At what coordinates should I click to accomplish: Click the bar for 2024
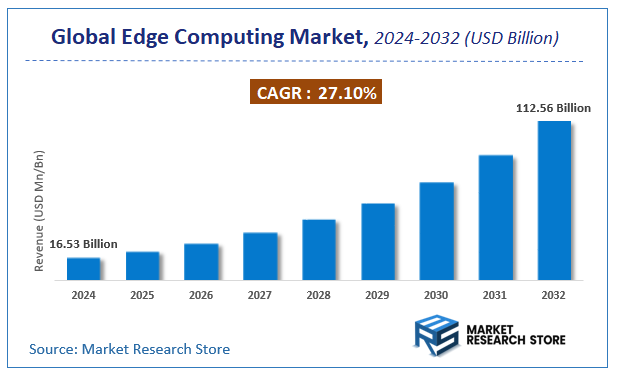pos(83,268)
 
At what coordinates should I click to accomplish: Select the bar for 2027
pos(260,256)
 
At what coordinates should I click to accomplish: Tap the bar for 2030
pos(436,231)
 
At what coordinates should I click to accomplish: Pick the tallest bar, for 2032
pos(554,200)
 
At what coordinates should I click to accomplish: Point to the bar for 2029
pos(377,241)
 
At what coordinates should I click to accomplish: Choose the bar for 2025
pos(142,265)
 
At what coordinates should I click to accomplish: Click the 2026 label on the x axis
pos(201,296)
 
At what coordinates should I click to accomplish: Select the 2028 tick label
pos(319,296)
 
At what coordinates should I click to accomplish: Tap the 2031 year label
pos(495,296)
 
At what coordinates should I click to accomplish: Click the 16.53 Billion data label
pos(83,244)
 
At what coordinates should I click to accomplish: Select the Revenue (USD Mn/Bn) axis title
pos(40,212)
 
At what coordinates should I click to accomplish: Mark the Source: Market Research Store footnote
pos(129,349)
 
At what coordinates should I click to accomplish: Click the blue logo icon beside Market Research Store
pos(435,335)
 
